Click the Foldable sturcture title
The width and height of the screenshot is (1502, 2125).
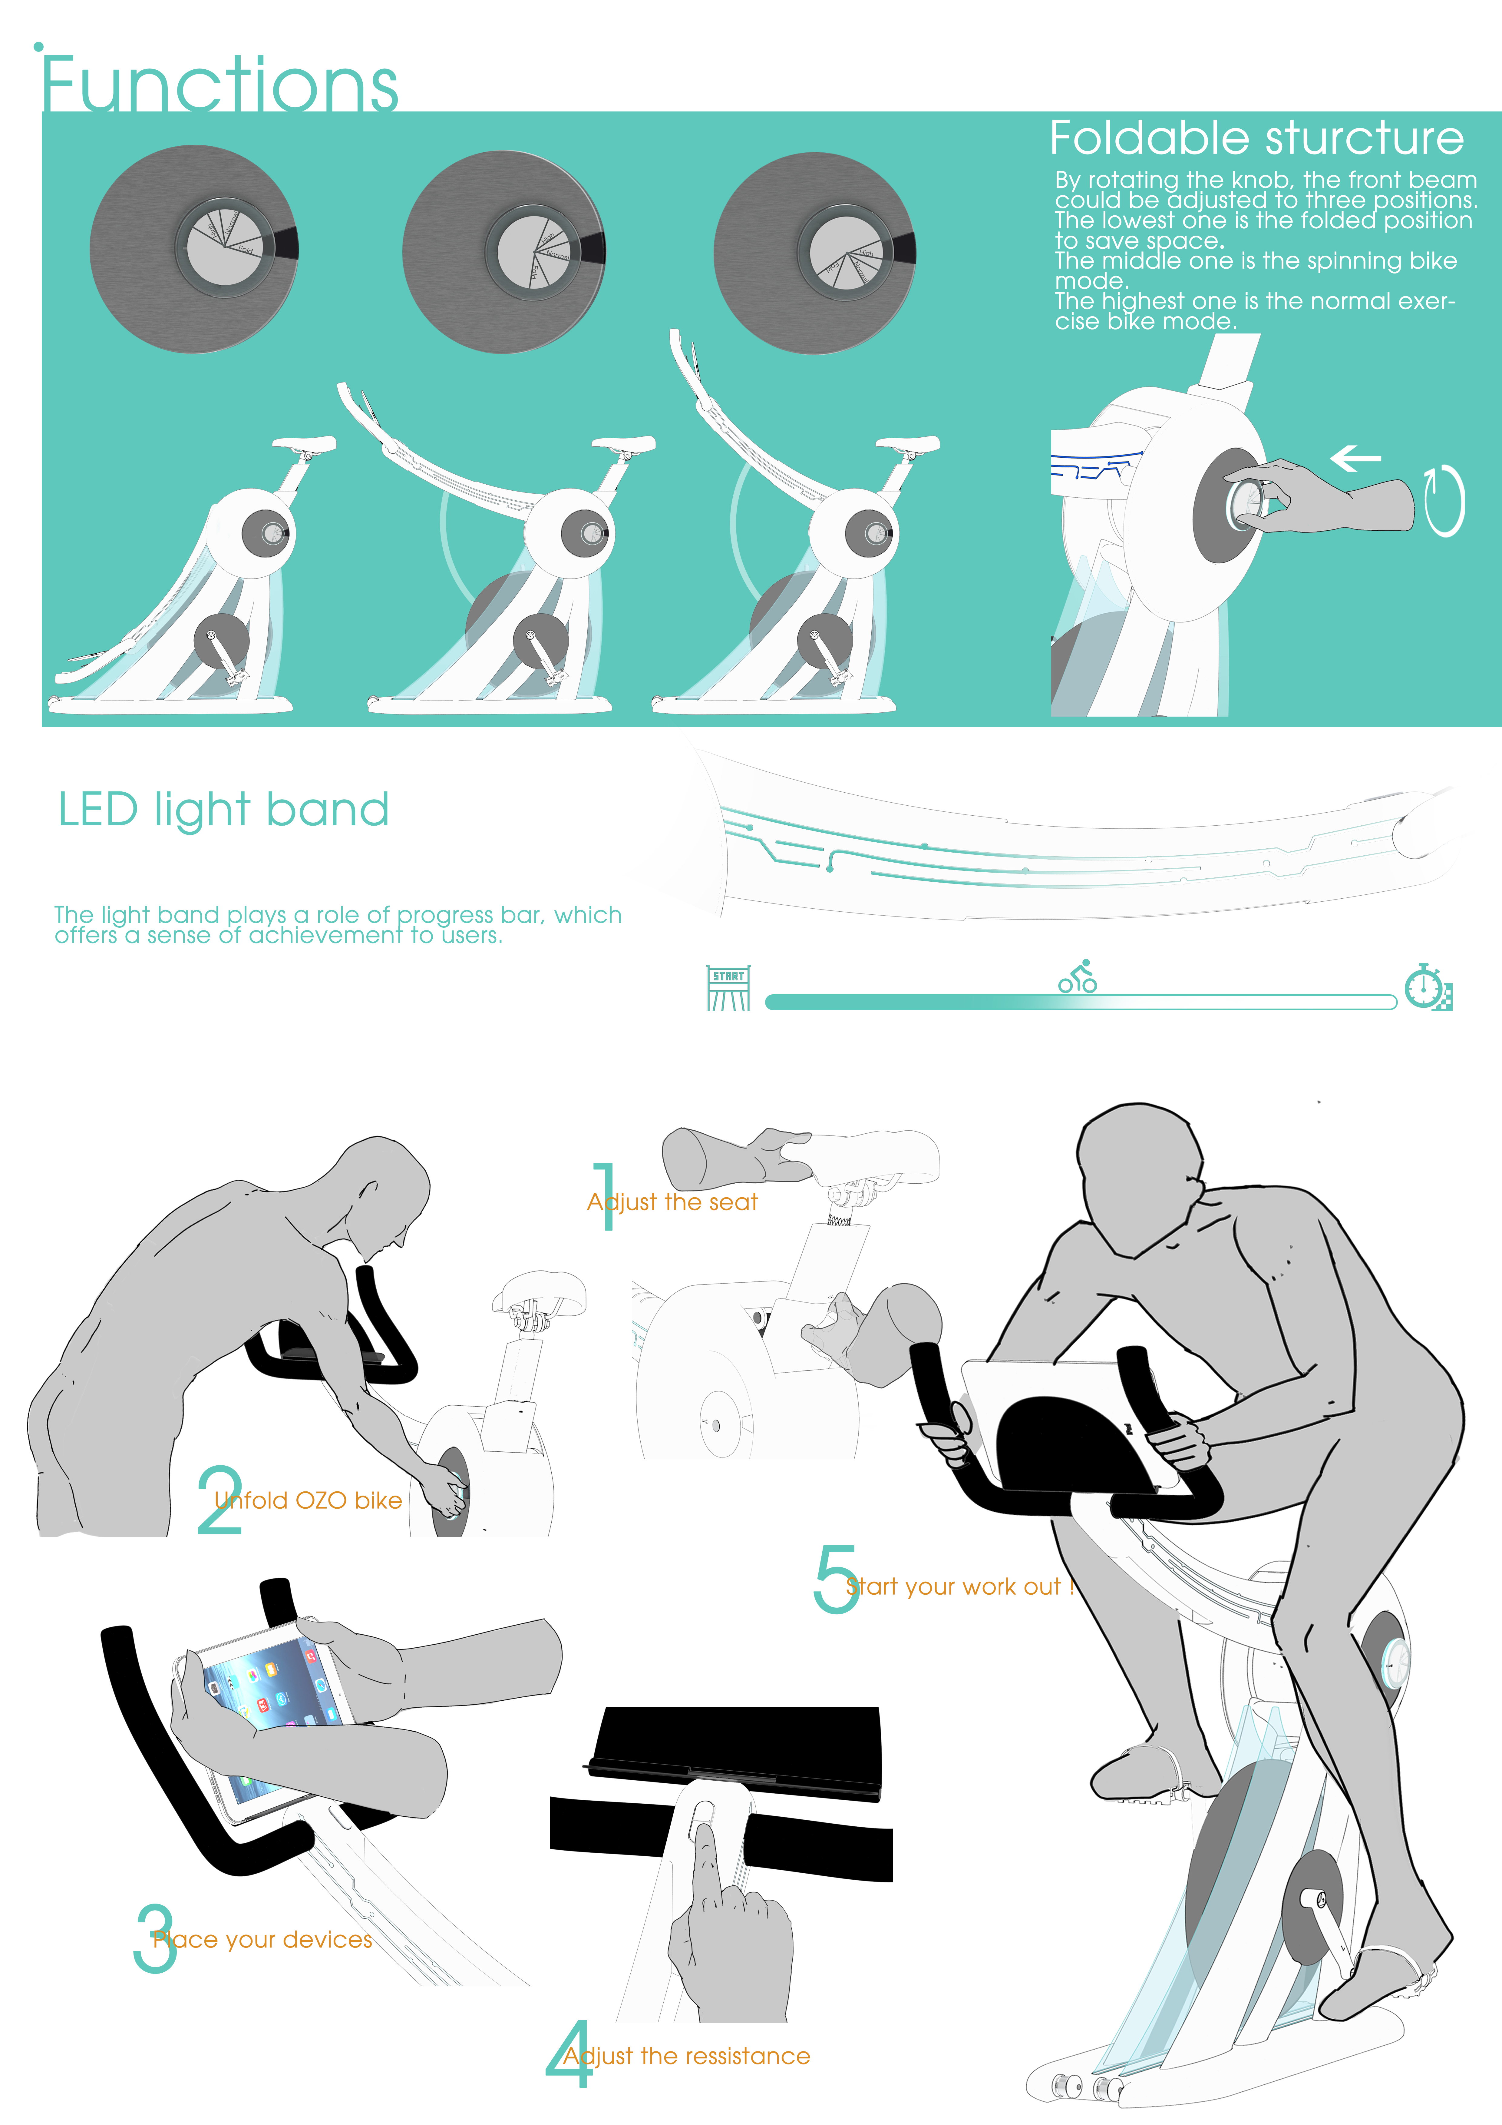click(1256, 139)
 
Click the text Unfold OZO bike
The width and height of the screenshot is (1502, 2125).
click(308, 1500)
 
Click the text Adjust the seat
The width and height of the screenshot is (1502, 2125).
click(673, 1202)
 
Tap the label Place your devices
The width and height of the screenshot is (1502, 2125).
click(263, 1939)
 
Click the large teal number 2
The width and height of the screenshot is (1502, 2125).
click(219, 1499)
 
